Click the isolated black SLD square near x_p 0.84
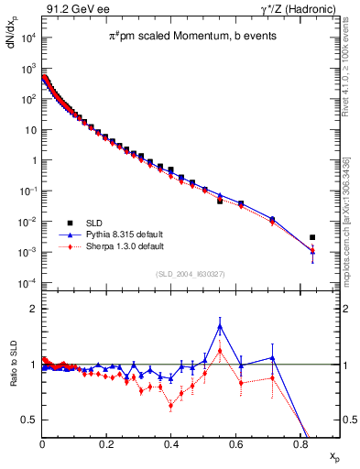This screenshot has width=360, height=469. (312, 237)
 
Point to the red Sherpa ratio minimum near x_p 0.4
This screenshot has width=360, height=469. (171, 406)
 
